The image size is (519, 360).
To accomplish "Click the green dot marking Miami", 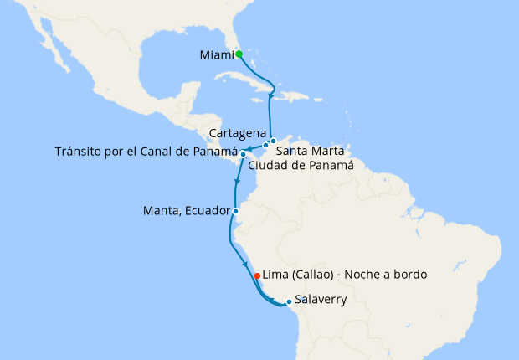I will pos(239,54).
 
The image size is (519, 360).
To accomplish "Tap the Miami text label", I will pos(216,55).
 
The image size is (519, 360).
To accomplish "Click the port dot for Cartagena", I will pos(265,145).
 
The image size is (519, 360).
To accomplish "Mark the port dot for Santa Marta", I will pos(273,141).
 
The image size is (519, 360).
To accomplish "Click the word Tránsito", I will pos(83,152).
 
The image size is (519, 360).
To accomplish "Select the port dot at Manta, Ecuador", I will pos(235,211).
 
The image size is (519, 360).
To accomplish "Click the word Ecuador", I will pos(205,211).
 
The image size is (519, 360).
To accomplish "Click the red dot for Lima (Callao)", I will pos(256,275).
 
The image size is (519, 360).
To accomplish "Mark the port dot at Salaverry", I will pos(289,301).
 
